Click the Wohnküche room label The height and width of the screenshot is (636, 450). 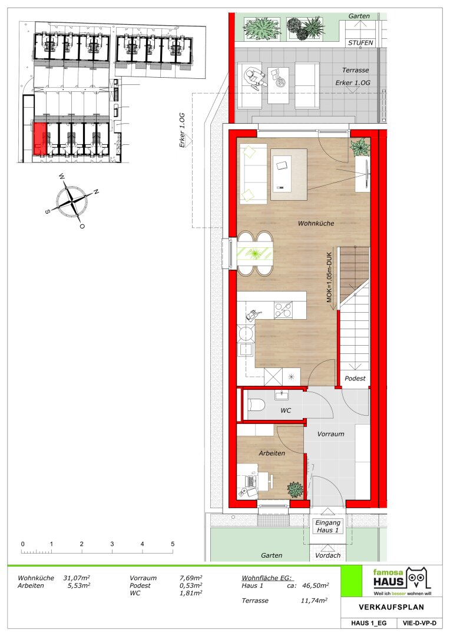pos(316,223)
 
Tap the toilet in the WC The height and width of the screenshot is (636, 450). pos(256,404)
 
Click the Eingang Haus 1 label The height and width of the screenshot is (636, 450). pos(327,526)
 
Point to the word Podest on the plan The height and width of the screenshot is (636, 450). pos(355,378)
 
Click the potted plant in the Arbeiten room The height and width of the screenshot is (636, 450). pos(295,489)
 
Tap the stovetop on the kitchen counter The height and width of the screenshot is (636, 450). pos(283,310)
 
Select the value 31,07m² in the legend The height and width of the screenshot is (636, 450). pos(77,578)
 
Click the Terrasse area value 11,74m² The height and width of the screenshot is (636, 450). pos(314,600)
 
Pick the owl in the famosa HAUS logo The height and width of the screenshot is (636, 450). pos(417,578)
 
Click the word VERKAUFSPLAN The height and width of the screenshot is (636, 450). pos(392,607)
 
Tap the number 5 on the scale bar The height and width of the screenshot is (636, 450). pos(173,544)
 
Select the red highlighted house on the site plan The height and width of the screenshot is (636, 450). pos(40,139)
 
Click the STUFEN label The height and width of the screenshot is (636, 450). pos(360,42)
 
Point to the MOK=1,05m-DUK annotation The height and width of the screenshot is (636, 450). pos(329,277)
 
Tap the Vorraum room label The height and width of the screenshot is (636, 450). pos(330,433)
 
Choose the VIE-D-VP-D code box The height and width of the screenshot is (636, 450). pos(419,623)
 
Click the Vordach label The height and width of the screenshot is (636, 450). pos(328,555)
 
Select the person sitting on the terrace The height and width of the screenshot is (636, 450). pos(254,77)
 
